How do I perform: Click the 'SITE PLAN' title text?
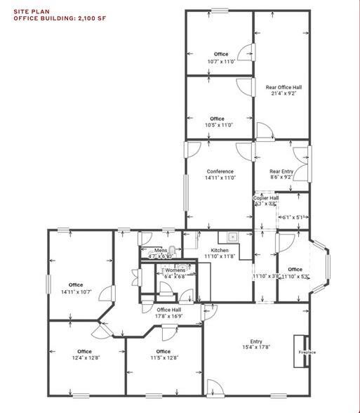pos(29,11)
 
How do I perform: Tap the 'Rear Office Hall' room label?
pos(281,88)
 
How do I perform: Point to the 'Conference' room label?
pos(220,171)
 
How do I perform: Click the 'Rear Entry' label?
pos(281,171)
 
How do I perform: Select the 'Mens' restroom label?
pos(161,250)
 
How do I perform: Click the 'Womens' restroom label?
pos(174,270)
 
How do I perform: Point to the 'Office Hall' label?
pos(169,310)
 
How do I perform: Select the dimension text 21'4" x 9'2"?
pos(281,95)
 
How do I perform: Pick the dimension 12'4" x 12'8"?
pos(85,358)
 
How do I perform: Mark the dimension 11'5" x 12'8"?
pos(163,358)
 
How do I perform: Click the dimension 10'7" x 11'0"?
pos(221,61)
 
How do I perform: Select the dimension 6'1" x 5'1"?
pos(291,218)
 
